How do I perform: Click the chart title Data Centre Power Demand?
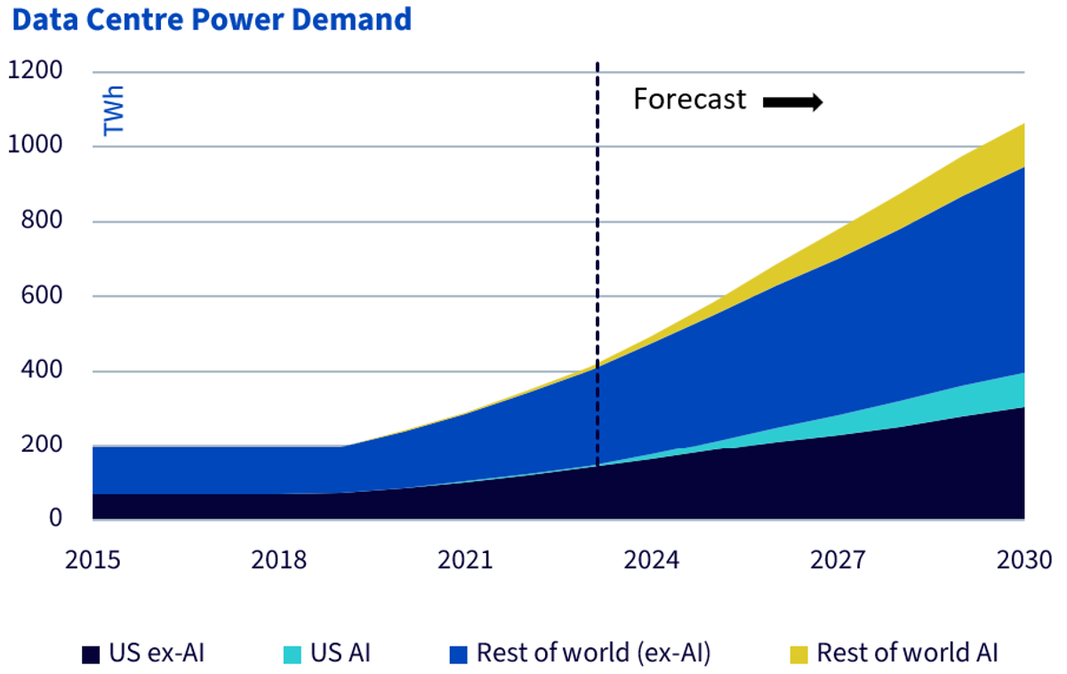(x=212, y=20)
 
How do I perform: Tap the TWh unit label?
(x=114, y=110)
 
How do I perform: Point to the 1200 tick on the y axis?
(x=36, y=70)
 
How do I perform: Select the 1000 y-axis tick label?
(x=36, y=145)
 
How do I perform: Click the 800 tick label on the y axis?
(x=42, y=220)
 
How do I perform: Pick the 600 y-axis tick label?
(x=42, y=295)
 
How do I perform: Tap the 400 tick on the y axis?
(x=42, y=370)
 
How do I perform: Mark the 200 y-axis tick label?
(x=42, y=445)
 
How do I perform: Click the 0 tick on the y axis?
(x=56, y=518)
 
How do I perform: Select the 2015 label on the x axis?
(x=92, y=560)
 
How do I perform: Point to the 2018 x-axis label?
(x=279, y=560)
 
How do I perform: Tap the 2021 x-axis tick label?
(x=465, y=560)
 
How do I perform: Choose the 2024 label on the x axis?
(x=652, y=560)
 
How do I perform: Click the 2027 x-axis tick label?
(x=838, y=560)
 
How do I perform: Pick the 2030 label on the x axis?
(x=1024, y=560)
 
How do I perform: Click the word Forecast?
(x=690, y=100)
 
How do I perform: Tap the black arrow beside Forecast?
(x=793, y=102)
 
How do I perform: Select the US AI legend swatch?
(x=293, y=654)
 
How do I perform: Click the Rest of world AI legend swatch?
(x=798, y=654)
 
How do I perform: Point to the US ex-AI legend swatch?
(x=91, y=654)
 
